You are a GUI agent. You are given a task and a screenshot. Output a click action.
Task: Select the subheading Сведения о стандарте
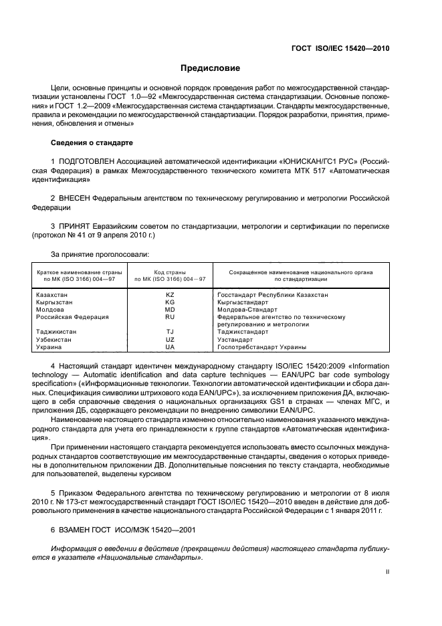92,143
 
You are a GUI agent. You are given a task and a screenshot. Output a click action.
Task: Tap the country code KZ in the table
169,294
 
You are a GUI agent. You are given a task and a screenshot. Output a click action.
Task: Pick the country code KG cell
169,302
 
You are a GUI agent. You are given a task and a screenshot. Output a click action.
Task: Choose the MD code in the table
169,309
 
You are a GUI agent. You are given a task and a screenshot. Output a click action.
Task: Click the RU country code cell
169,317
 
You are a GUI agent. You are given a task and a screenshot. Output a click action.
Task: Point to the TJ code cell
169,332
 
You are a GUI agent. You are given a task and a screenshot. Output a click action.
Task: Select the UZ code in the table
169,340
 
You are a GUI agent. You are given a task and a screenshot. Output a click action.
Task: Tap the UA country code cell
169,347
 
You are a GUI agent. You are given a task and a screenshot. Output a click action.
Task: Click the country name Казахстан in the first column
51,294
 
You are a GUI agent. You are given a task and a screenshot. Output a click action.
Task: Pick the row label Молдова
48,309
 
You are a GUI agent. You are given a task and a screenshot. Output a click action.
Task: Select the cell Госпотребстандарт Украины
261,347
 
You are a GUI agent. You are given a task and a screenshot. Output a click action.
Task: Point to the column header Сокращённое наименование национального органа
300,273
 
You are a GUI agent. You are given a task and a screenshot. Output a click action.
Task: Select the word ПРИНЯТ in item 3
76,227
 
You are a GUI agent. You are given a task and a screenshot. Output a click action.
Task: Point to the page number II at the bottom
387,572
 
